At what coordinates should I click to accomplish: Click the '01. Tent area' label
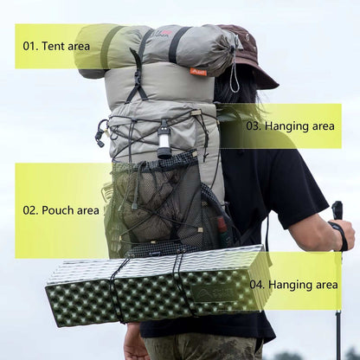tap(56, 45)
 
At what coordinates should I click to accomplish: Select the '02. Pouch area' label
tap(61, 209)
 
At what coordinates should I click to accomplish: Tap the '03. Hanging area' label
tap(290, 125)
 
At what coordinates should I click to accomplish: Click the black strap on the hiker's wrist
tap(340, 235)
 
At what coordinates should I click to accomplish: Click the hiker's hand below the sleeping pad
tap(135, 342)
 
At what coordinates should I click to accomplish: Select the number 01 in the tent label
tap(30, 45)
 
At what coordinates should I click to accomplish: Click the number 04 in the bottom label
tap(257, 284)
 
